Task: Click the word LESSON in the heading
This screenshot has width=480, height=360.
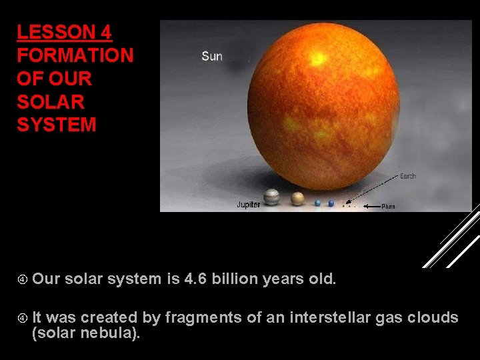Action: (56, 33)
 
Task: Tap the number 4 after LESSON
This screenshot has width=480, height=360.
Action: (105, 33)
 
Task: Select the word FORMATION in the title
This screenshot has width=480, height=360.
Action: (75, 55)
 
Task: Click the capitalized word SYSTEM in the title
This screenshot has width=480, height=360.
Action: (57, 125)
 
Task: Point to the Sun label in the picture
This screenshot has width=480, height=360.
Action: (212, 56)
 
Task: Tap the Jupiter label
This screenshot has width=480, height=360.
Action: (249, 205)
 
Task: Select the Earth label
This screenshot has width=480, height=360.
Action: (407, 176)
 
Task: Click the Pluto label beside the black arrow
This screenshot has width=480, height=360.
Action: (388, 207)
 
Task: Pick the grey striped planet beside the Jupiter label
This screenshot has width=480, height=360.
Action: (271, 197)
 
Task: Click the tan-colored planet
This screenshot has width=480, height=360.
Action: (297, 198)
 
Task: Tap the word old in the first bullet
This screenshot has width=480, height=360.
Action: (322, 279)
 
